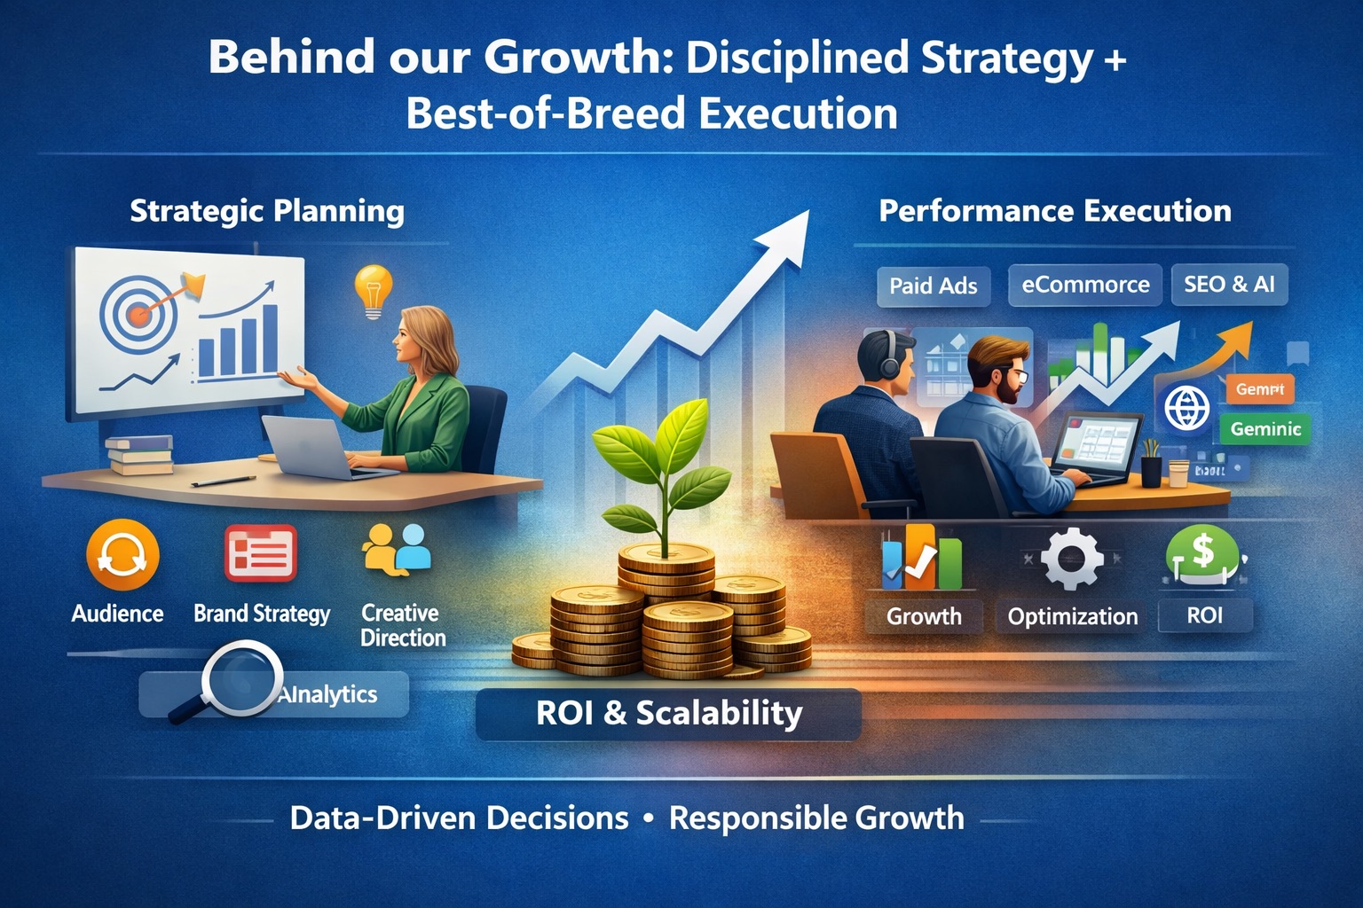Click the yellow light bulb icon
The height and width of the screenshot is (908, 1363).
373,290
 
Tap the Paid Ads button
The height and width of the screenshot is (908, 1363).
933,286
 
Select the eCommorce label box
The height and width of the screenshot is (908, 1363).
1084,285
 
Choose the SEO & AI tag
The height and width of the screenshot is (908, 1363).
1229,284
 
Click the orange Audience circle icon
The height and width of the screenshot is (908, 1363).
122,555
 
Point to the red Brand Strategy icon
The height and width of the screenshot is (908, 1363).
260,553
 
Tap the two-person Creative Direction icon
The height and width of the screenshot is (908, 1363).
397,549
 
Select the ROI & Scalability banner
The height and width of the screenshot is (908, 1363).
668,714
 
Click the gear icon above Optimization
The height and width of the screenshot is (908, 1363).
1071,559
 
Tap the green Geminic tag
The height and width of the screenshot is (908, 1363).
1265,429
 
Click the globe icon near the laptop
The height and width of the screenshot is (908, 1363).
1186,409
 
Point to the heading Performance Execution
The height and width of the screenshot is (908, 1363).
1054,211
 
